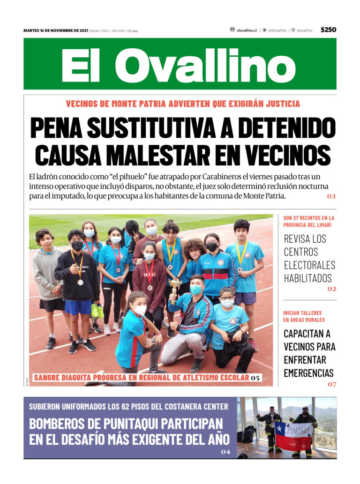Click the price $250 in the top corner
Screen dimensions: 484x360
(328, 30)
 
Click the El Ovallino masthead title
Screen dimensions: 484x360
(179, 65)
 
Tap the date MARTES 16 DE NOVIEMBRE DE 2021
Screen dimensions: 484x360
(55, 30)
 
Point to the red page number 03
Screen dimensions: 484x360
(331, 196)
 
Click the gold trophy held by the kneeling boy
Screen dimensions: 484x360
(175, 285)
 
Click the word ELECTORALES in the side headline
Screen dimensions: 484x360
(309, 265)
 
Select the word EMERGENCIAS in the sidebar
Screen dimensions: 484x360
(308, 373)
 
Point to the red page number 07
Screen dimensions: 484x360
(332, 384)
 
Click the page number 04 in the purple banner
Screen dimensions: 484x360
(226, 452)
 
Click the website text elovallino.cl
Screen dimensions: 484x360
(247, 30)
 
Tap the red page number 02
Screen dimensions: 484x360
(332, 289)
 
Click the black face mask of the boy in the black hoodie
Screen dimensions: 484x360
(77, 246)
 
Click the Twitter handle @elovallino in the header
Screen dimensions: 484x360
(277, 30)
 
